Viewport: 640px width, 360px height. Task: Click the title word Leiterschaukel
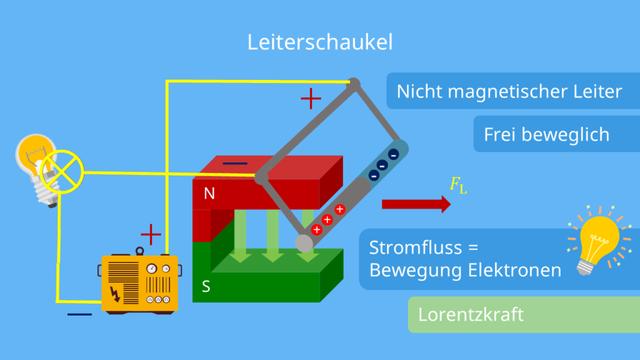[x=319, y=43]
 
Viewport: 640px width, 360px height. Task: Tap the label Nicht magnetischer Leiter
[x=509, y=92]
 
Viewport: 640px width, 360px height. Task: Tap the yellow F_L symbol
[x=459, y=184]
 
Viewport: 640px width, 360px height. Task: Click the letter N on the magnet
[x=209, y=194]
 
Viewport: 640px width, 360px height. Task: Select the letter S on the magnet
[x=207, y=285]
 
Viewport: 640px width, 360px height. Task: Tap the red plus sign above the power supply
[x=150, y=236]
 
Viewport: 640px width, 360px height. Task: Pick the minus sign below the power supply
[x=78, y=314]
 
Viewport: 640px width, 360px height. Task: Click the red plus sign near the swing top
[x=311, y=98]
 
